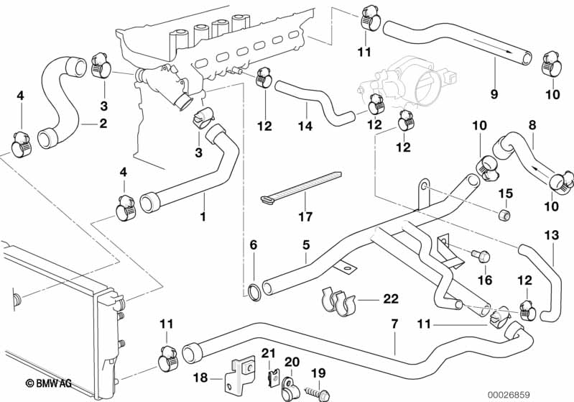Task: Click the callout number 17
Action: click(305, 216)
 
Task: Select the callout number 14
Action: click(306, 127)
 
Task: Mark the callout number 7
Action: click(394, 324)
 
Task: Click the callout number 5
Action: click(306, 245)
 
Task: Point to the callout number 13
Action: click(552, 234)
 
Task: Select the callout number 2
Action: click(103, 123)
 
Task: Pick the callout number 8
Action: click(532, 125)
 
